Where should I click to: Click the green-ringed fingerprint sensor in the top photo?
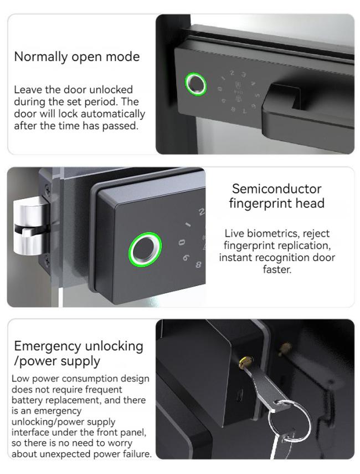(196, 84)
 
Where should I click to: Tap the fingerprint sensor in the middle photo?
(145, 249)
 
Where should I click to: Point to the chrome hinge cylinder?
(30, 225)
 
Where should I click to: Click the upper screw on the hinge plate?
(48, 188)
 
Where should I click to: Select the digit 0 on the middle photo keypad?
(181, 242)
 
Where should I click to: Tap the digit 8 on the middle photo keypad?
(198, 265)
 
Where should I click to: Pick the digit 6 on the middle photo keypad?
(186, 258)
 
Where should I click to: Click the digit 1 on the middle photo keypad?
(188, 225)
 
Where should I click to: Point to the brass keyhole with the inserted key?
(246, 362)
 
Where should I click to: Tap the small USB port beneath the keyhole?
(240, 395)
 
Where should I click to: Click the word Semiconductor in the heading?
(276, 188)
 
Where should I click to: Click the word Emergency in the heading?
(48, 346)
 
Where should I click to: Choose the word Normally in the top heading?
(41, 57)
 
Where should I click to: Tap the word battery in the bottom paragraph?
(25, 400)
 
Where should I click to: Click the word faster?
(277, 269)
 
